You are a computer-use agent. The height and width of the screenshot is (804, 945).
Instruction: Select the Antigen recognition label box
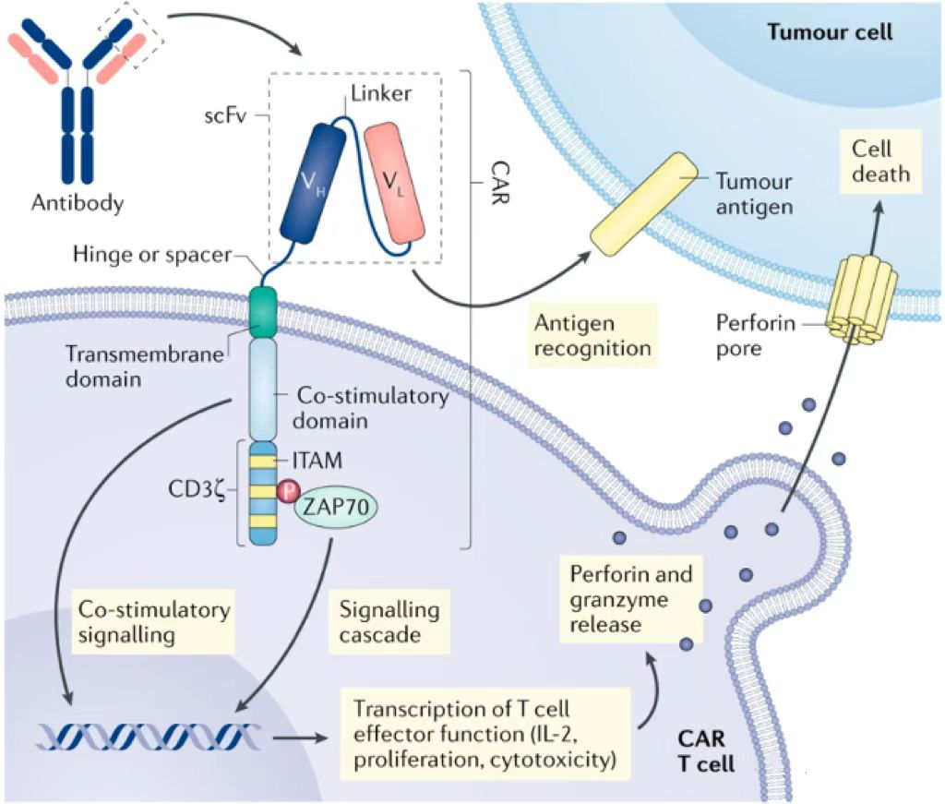point(592,335)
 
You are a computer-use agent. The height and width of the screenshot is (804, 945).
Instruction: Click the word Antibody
point(78,203)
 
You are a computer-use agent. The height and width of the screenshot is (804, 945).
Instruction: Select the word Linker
point(380,95)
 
